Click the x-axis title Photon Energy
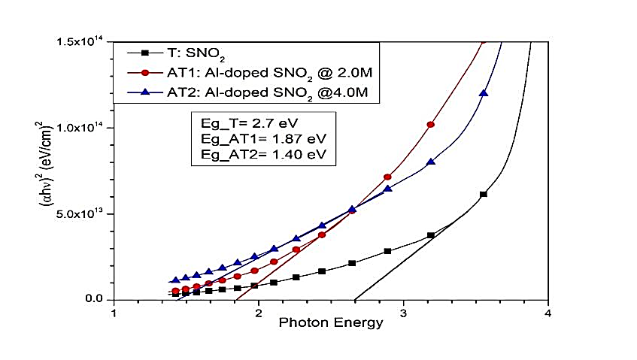(331, 323)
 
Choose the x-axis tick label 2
(259, 313)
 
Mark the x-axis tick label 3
(403, 313)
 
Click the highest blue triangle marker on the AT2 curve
(483, 94)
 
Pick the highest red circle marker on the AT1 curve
(430, 125)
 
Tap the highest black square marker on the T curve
(483, 194)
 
